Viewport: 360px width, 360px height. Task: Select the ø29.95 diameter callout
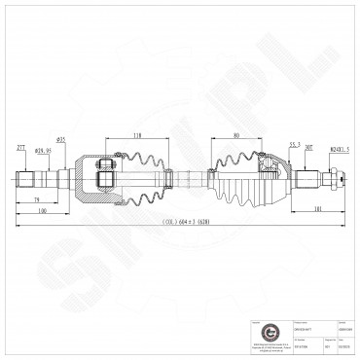[x=43, y=151]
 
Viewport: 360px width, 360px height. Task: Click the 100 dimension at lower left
[x=42, y=209]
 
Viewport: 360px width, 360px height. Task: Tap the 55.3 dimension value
[x=295, y=143]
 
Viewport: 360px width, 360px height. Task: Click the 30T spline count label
[x=308, y=148]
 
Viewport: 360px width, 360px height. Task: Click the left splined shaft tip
[x=22, y=180]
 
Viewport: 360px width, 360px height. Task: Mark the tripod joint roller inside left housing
[x=104, y=179]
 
